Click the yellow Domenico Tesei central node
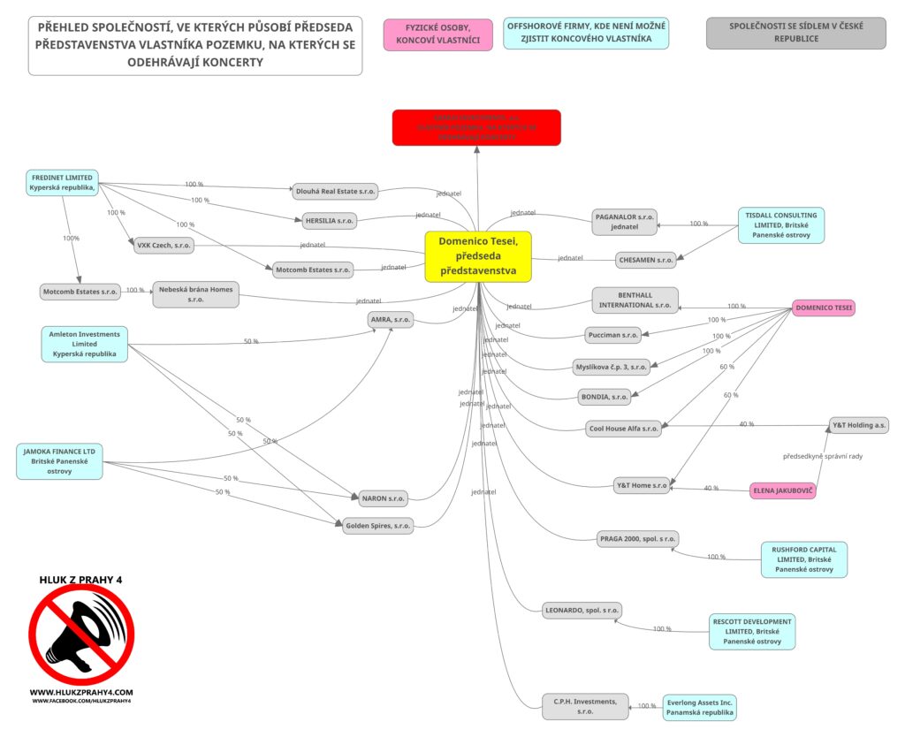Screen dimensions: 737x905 (478, 256)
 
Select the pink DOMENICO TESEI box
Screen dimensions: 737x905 (824, 308)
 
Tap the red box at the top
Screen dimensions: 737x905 (476, 127)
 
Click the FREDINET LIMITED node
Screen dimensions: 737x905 (61, 182)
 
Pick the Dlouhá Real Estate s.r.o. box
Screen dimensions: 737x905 (335, 191)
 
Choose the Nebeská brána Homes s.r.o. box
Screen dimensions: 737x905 (195, 294)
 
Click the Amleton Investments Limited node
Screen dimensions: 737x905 (85, 343)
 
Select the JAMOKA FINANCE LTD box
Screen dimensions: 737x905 (59, 461)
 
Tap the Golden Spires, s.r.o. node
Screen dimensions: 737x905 (378, 526)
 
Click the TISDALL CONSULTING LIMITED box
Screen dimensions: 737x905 (780, 225)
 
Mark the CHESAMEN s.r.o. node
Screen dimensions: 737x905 (646, 260)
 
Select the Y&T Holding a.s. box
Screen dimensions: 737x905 (859, 425)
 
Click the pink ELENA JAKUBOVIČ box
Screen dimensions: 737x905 (782, 490)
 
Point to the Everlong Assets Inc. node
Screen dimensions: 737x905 (699, 707)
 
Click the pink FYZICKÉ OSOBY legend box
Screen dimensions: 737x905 (437, 34)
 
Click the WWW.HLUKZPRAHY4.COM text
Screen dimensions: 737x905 (81, 692)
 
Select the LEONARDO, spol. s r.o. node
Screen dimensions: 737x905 (582, 610)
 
